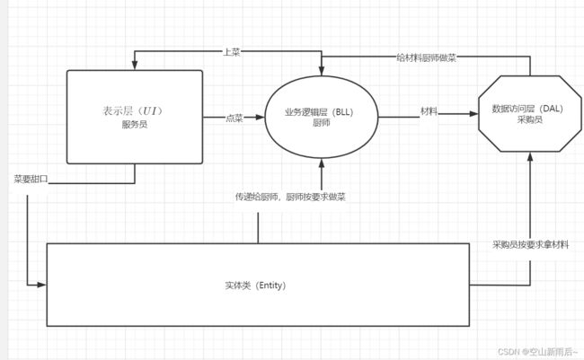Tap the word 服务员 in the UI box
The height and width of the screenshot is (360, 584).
(x=132, y=125)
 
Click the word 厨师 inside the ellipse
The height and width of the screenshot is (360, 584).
(x=321, y=124)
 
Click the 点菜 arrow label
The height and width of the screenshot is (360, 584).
(x=234, y=117)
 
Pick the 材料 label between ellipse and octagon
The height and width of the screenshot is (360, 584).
(x=429, y=111)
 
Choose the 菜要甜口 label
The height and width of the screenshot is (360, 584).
(x=31, y=180)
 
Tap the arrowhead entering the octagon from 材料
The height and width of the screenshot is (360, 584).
(x=473, y=114)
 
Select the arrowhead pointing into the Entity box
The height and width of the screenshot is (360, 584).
(x=41, y=285)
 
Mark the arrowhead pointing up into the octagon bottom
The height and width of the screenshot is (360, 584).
(x=529, y=157)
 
